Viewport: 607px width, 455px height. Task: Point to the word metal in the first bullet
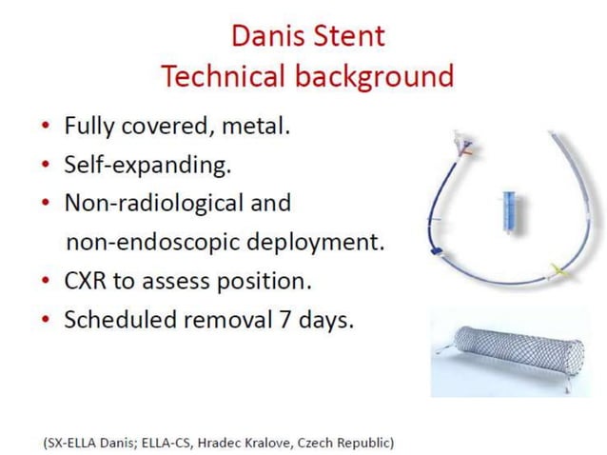tap(257, 126)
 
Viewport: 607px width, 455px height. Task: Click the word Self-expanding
tap(147, 165)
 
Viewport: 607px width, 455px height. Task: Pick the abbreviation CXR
tap(88, 282)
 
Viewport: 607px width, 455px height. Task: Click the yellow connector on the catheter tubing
tap(555, 270)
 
